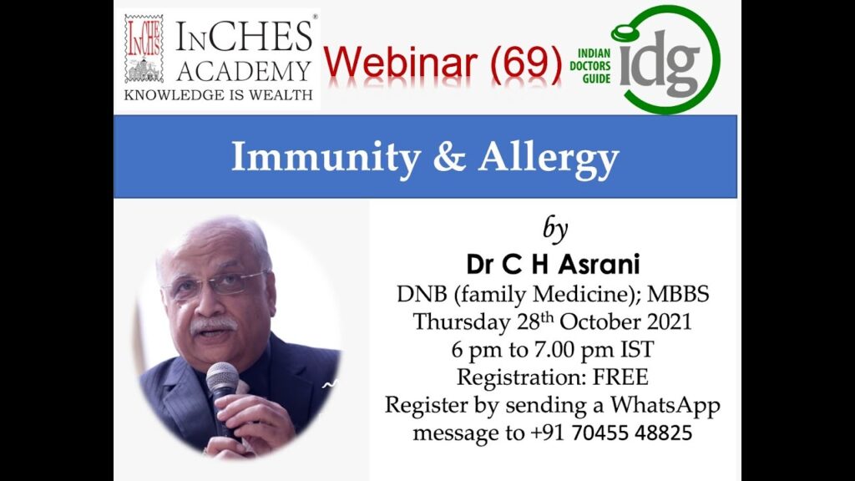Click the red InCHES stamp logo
(144, 49)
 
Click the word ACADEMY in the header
(244, 72)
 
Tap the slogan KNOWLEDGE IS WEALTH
(218, 95)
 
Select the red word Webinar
(401, 63)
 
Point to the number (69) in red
(526, 63)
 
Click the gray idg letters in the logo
(660, 63)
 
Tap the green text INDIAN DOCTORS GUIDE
(590, 66)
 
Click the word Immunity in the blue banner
(326, 158)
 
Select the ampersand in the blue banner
(449, 156)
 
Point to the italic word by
(555, 230)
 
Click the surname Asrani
(599, 265)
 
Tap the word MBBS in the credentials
(678, 295)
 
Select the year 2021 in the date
(669, 322)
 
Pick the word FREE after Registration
(620, 377)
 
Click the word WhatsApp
(665, 406)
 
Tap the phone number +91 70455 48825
(611, 433)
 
